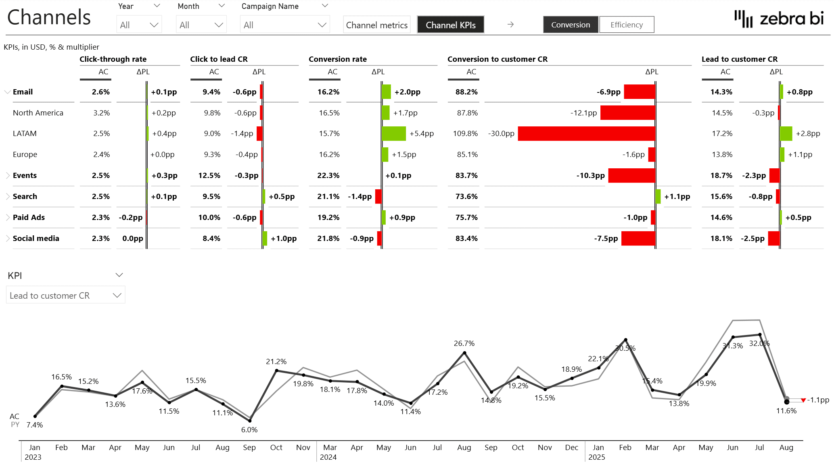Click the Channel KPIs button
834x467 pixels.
coord(450,25)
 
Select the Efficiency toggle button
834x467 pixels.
coord(626,25)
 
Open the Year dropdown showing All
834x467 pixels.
coord(139,25)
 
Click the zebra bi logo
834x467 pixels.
coord(779,19)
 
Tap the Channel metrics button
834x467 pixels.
coord(376,25)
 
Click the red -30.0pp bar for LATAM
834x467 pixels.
coord(586,134)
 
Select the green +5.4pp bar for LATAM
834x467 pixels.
coord(394,134)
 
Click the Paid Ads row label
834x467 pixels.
coord(29,218)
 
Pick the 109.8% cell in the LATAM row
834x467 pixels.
coord(465,134)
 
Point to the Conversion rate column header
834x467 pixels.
coord(338,59)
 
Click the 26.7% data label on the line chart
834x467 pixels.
coord(464,343)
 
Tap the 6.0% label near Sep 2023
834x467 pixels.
coord(249,430)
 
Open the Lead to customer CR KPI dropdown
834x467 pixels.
coord(65,295)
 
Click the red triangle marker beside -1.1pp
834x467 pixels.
coord(803,400)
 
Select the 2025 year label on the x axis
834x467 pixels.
coord(596,457)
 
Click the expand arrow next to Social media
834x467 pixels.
coord(8,239)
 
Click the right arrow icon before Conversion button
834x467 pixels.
coord(510,25)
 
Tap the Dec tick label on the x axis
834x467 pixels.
coord(571,448)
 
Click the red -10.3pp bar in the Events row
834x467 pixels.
coord(631,176)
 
